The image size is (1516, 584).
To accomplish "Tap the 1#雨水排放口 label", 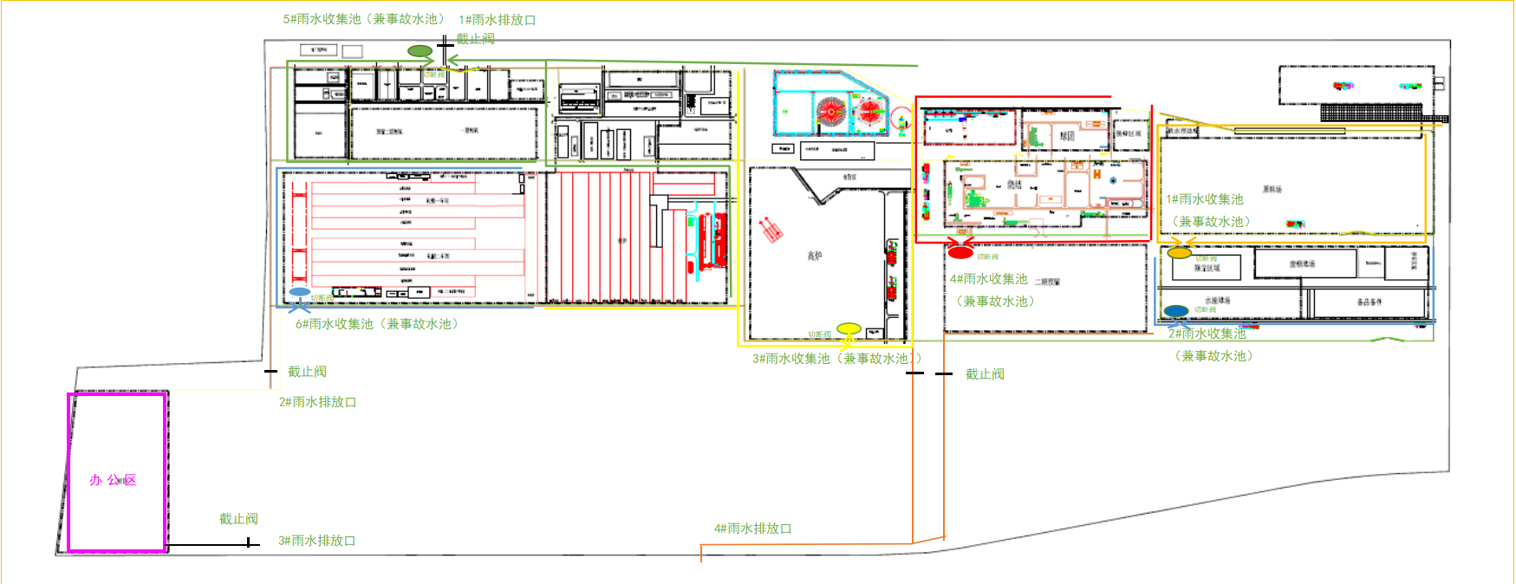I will point(497,20).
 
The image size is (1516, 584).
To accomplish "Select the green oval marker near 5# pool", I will point(420,51).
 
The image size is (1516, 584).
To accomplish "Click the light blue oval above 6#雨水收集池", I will point(300,292).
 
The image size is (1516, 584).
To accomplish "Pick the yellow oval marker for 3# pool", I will point(849,328).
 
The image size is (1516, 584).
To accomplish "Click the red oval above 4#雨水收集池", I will point(960,253).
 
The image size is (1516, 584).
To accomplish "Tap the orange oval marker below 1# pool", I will point(1179,253).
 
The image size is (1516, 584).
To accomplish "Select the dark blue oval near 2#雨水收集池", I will point(1176,311).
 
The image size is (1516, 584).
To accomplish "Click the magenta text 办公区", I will point(113,480).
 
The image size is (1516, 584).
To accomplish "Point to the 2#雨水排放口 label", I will point(317,402).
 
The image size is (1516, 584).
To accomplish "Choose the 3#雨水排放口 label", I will point(316,541).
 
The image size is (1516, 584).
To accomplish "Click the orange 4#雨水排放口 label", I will point(752,529).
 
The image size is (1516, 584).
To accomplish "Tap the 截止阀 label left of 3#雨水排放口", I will point(238,519).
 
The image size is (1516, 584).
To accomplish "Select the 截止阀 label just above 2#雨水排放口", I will point(307,372).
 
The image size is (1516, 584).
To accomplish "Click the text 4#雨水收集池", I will point(988,279).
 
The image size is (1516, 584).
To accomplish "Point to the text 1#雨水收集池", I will point(1205,199).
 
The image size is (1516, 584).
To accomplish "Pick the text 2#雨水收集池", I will point(1207,334).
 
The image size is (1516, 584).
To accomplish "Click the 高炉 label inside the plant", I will point(815,256).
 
